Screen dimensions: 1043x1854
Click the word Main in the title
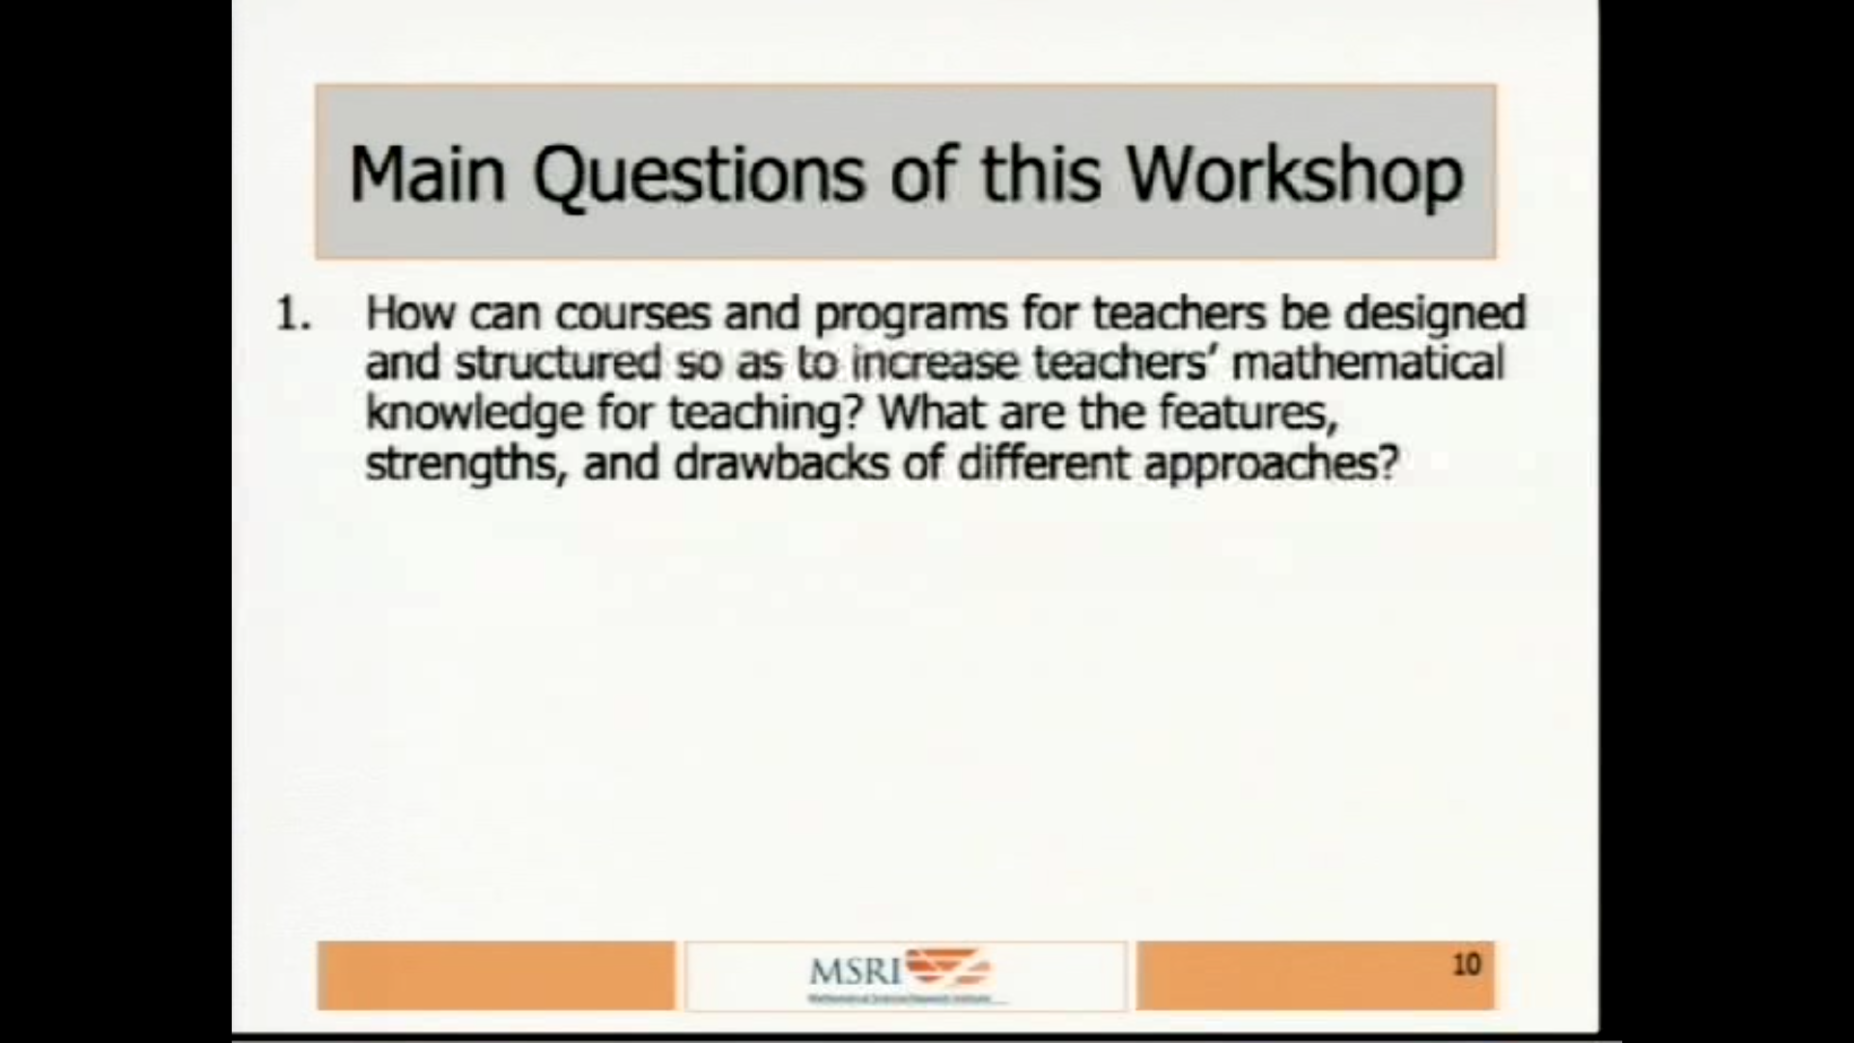(x=427, y=175)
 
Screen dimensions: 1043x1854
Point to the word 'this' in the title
(x=1040, y=175)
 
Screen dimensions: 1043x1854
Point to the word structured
(x=558, y=363)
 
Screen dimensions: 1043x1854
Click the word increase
(x=934, y=363)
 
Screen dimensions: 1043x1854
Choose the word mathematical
(x=1368, y=363)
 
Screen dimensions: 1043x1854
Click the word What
(x=932, y=412)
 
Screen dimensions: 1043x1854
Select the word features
(x=1246, y=413)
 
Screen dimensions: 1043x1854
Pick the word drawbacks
(x=780, y=464)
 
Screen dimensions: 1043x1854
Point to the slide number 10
(x=1466, y=964)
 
